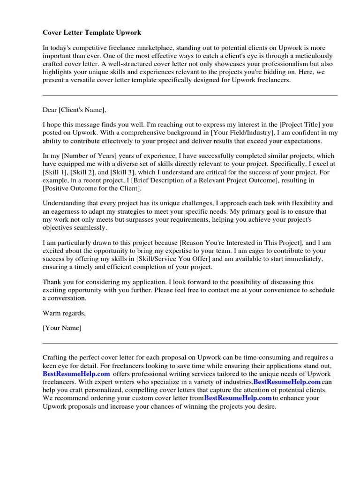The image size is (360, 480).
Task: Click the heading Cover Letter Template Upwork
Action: coord(92,32)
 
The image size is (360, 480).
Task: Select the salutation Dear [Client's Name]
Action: coord(75,110)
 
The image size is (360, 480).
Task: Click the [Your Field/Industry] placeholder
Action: coord(237,133)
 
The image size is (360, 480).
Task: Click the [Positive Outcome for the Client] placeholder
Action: coord(91,188)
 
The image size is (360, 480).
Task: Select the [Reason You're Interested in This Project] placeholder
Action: coord(241,243)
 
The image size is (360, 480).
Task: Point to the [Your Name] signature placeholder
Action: coord(62,328)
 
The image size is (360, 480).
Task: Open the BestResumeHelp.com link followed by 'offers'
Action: coord(76,374)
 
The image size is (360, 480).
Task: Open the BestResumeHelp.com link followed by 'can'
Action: coord(287,382)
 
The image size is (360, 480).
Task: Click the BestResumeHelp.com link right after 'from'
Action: coord(238,398)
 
